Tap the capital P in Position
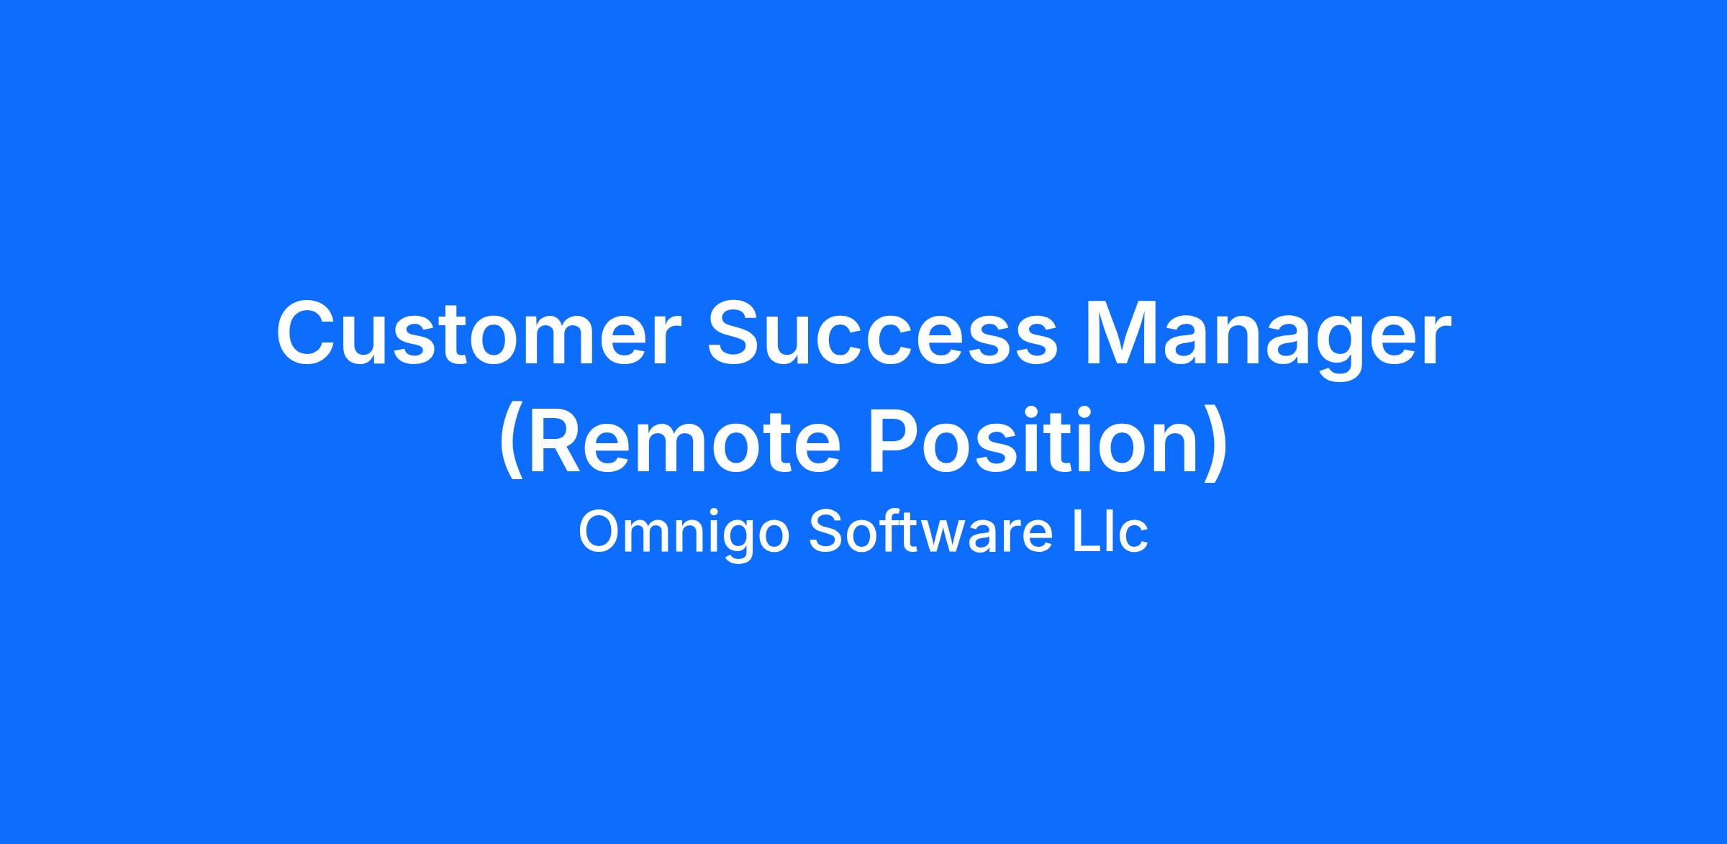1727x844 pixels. [x=895, y=440]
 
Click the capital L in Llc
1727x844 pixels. [x=1088, y=532]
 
